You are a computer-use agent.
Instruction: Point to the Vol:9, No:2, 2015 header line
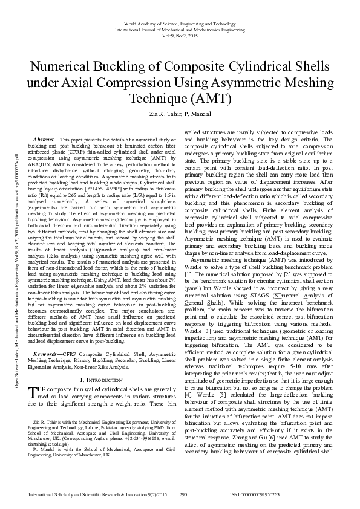tap(180, 36)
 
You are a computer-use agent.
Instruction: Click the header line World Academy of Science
tap(180, 22)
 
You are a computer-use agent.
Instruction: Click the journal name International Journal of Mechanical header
tap(180, 29)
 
